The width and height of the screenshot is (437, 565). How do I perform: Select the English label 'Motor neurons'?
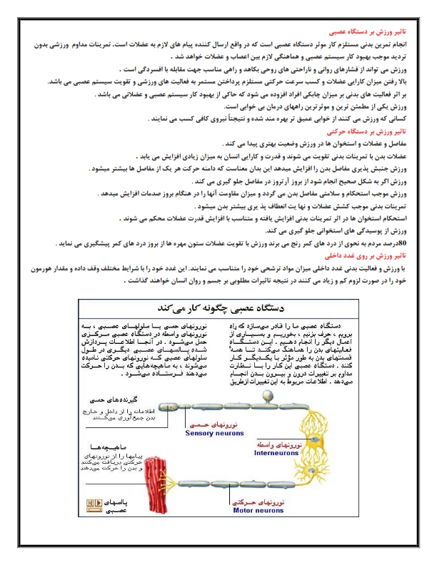coord(212,511)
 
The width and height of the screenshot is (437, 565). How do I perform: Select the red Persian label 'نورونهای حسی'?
coord(211,424)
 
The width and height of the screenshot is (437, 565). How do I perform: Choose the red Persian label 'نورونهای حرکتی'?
coord(212,502)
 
